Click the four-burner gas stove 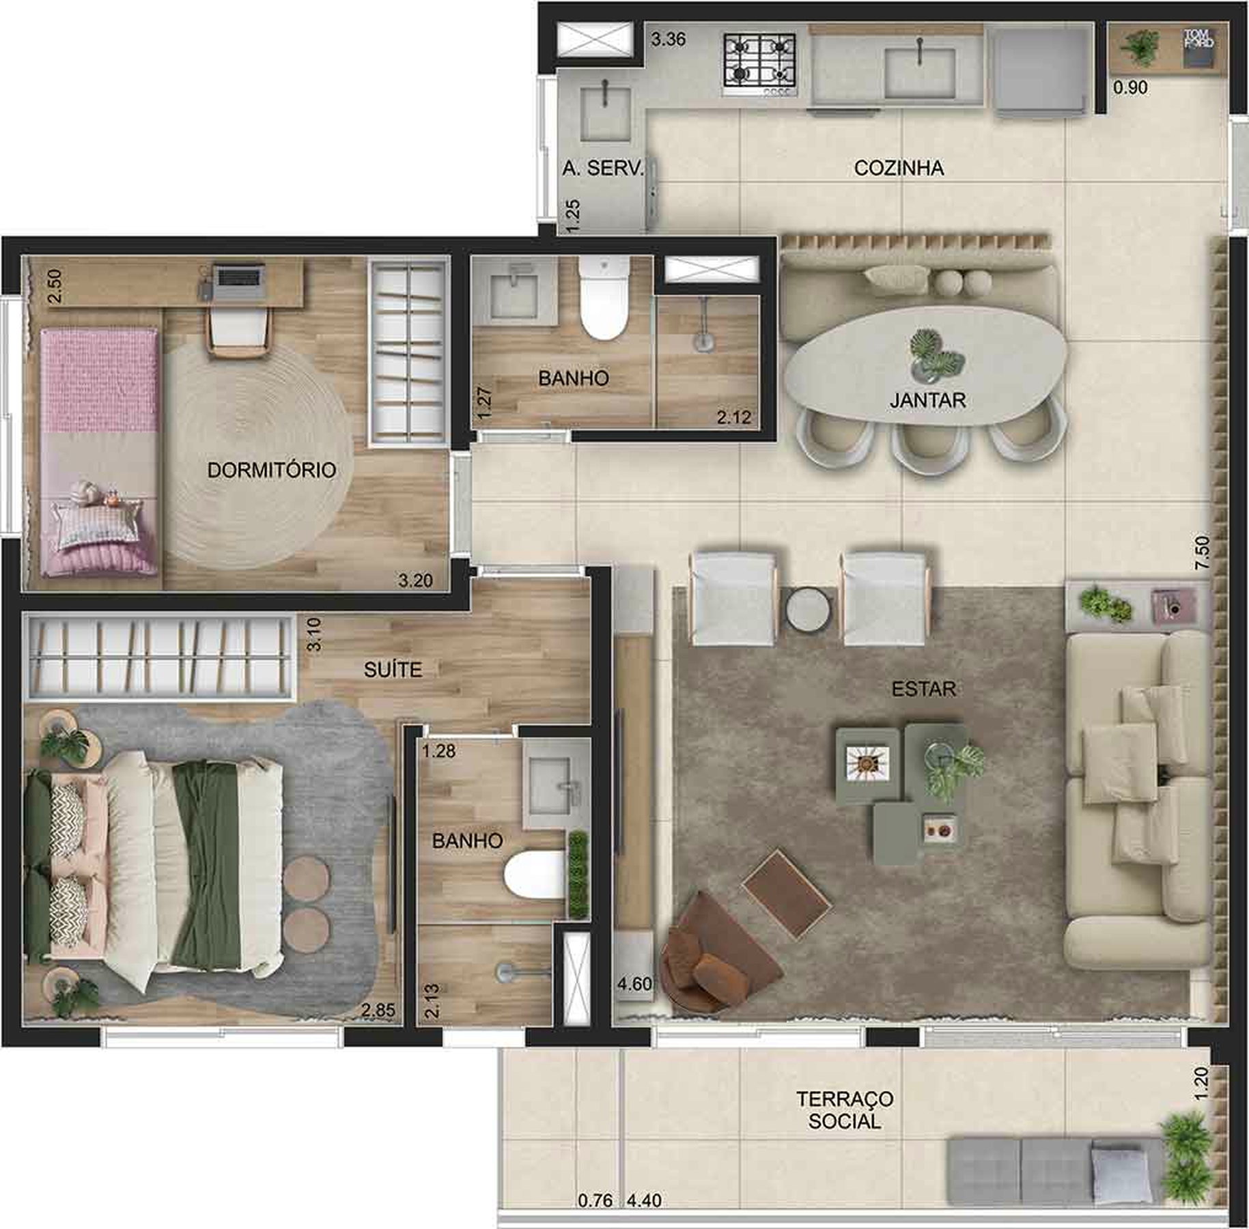pos(759,63)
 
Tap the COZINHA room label pos(898,168)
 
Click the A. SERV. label pos(602,168)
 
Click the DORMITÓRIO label pos(271,470)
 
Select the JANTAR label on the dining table pos(927,400)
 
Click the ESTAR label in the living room pos(923,689)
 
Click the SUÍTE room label pos(393,670)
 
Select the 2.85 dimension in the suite pos(378,1010)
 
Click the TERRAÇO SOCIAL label pos(845,1110)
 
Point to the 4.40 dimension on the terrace pos(644,1200)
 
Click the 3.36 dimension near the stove pos(668,40)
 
